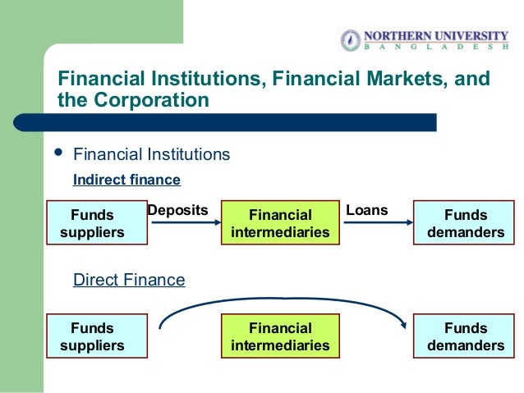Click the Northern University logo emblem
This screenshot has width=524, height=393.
(x=351, y=39)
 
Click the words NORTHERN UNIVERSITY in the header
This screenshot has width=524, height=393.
(x=436, y=35)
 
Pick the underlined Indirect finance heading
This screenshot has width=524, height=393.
(x=126, y=180)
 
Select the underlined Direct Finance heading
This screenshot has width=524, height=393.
(x=129, y=280)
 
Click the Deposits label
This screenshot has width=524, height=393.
(x=177, y=210)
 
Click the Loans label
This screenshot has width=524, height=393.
(x=367, y=210)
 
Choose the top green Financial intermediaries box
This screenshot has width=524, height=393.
(x=280, y=223)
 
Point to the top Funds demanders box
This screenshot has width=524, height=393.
(x=465, y=223)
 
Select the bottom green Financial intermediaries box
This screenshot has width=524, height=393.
(x=280, y=336)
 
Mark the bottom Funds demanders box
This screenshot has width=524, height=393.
(x=465, y=336)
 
